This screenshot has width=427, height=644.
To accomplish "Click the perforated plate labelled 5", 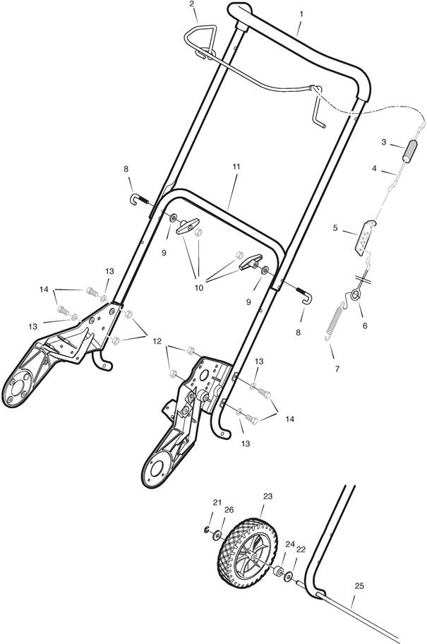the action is (365, 238).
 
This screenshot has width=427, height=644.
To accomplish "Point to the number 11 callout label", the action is (236, 167).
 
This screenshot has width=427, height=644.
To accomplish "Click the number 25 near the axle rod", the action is (359, 586).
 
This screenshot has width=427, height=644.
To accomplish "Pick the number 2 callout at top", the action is (192, 4).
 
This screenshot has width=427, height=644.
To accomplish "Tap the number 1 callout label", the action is (301, 14).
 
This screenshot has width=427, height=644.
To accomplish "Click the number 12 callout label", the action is (157, 341).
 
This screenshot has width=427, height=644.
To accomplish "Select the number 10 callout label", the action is (199, 288).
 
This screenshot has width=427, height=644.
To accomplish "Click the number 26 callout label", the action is (229, 510).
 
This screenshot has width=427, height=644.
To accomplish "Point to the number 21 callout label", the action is (217, 502).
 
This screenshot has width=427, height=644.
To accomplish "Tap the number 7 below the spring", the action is (337, 369).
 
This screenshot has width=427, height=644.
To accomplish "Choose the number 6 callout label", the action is (365, 326).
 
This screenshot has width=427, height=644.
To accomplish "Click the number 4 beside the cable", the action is (374, 168).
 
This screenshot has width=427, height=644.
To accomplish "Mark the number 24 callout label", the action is (290, 544).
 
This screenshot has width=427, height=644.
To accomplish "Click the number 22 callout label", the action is (301, 549).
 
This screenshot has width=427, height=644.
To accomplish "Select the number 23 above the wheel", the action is (267, 496).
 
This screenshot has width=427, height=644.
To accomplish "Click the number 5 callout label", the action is (335, 227).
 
